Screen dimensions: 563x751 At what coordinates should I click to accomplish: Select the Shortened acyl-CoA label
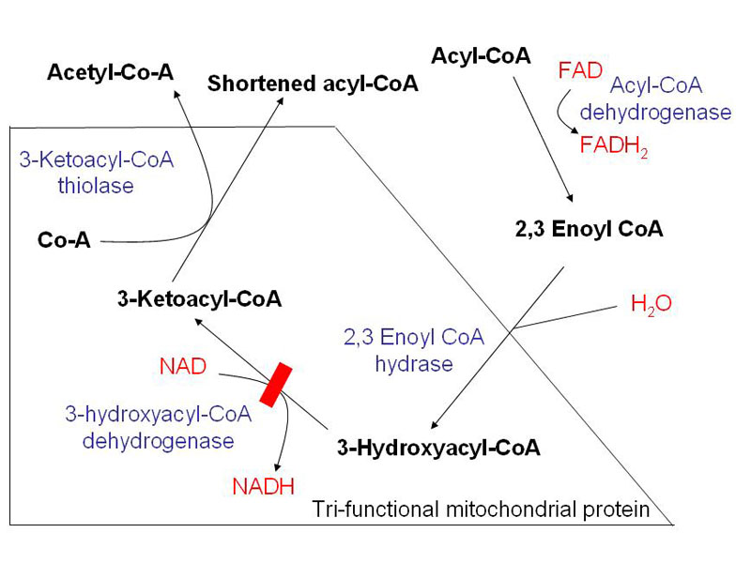tap(313, 84)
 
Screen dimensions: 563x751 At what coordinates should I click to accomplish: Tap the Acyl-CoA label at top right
tap(481, 56)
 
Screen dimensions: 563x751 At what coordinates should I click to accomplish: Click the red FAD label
tap(576, 71)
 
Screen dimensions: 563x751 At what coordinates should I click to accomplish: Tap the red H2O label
tap(651, 304)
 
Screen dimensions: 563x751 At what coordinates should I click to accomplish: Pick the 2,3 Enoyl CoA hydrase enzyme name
tap(415, 349)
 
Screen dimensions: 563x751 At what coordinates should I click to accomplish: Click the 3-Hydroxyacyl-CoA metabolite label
tap(438, 448)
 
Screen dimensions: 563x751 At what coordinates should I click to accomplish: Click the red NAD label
tap(183, 366)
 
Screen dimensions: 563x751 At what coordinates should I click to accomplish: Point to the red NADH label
tap(264, 485)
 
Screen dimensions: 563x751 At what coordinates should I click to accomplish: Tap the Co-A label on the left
tap(64, 240)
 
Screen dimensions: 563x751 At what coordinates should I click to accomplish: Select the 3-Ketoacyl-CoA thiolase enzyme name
tap(97, 172)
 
